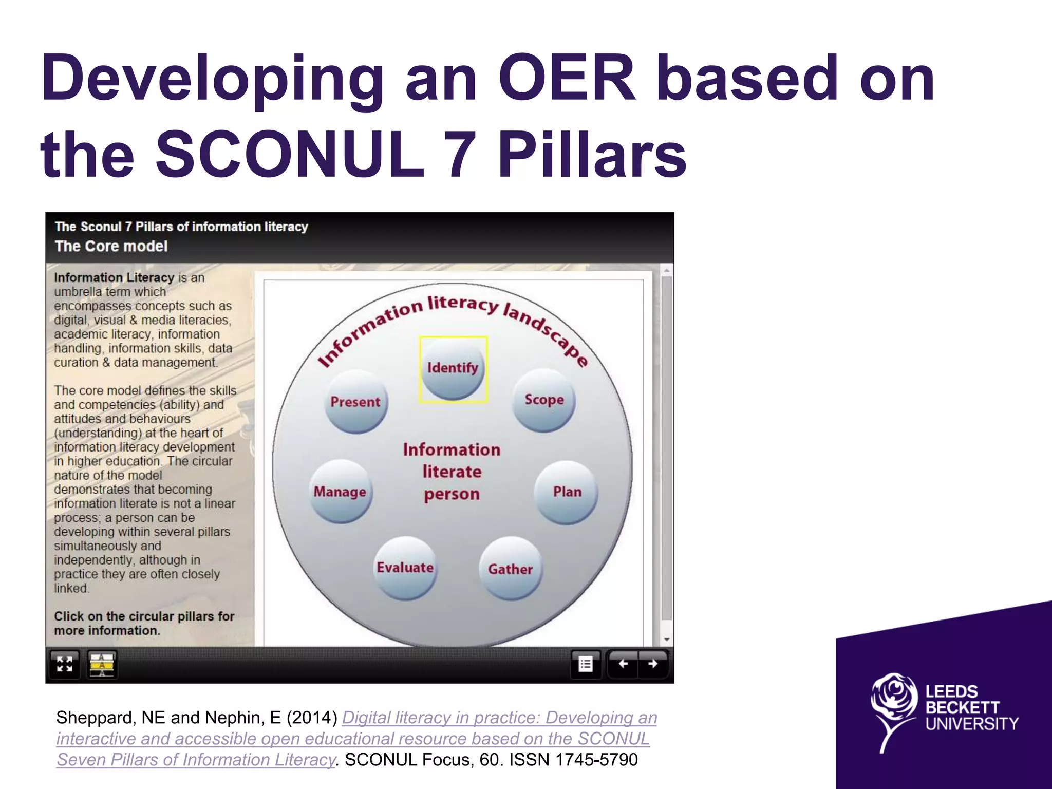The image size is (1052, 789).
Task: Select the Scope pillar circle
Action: point(544,400)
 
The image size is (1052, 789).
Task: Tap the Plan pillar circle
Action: point(567,492)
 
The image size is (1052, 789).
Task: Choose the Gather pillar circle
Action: point(510,569)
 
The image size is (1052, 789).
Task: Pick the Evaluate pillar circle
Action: point(405,568)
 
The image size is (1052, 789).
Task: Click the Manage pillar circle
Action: point(340,492)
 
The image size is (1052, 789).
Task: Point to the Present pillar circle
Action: point(355,402)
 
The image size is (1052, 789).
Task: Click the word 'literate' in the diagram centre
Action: point(452,472)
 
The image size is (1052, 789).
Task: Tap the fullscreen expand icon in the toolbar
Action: point(65,664)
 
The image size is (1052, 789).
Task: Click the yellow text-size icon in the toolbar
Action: point(102,664)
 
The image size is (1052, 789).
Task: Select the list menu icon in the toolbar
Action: point(586,664)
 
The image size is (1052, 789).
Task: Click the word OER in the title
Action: point(567,78)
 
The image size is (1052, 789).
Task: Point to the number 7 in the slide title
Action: point(461,154)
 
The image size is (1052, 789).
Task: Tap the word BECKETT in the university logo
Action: point(962,708)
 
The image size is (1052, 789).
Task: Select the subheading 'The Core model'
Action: point(111,246)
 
